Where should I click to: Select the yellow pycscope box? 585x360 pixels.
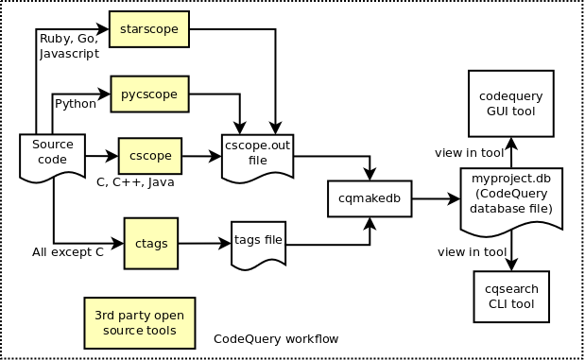click(150, 94)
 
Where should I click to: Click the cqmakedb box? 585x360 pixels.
click(370, 198)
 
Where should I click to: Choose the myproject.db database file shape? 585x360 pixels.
click(511, 200)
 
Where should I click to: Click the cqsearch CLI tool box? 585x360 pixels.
click(510, 296)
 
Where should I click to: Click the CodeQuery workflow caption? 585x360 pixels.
click(276, 338)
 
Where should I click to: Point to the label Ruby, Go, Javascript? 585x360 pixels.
click(68, 46)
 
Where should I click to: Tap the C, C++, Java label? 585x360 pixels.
click(135, 182)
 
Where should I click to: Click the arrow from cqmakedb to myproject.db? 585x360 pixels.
click(435, 199)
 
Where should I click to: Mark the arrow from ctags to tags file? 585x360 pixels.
click(204, 243)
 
